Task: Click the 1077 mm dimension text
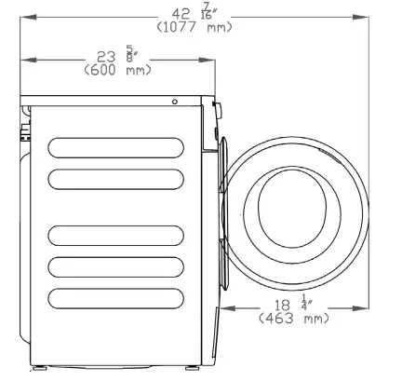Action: click(194, 27)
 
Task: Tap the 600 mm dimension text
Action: click(117, 70)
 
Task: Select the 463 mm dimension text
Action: click(293, 318)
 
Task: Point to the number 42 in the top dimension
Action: click(181, 14)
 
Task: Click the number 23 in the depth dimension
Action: click(106, 57)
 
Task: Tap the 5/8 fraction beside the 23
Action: click(131, 53)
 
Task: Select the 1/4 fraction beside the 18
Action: click(306, 302)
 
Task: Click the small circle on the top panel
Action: click(175, 102)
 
